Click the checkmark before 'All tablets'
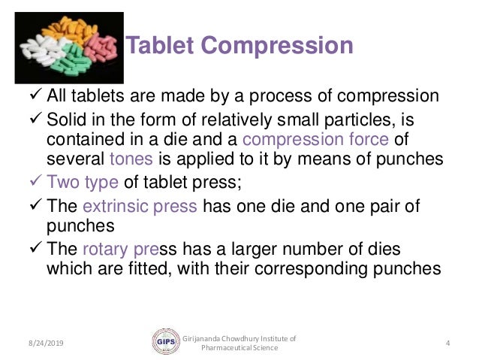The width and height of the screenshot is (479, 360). pos(35,97)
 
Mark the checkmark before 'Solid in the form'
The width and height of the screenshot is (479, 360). pos(35,119)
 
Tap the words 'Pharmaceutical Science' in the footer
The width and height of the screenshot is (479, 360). pos(239,348)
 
